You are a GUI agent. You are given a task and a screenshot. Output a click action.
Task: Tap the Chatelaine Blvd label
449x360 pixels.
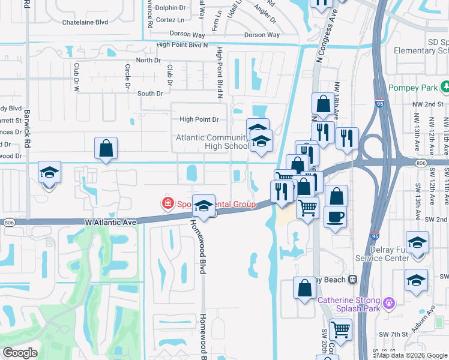pyautogui.click(x=85, y=22)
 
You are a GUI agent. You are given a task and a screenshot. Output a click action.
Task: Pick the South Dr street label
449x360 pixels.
pyautogui.click(x=150, y=94)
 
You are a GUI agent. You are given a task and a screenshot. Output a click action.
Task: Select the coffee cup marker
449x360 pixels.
pyautogui.click(x=336, y=216)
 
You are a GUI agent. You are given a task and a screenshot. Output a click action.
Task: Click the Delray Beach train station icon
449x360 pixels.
pyautogui.click(x=354, y=280)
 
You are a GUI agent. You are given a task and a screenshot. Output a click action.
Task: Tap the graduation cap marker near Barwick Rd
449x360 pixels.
pyautogui.click(x=49, y=173)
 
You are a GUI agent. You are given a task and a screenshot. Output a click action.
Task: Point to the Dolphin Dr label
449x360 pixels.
pyautogui.click(x=170, y=8)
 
